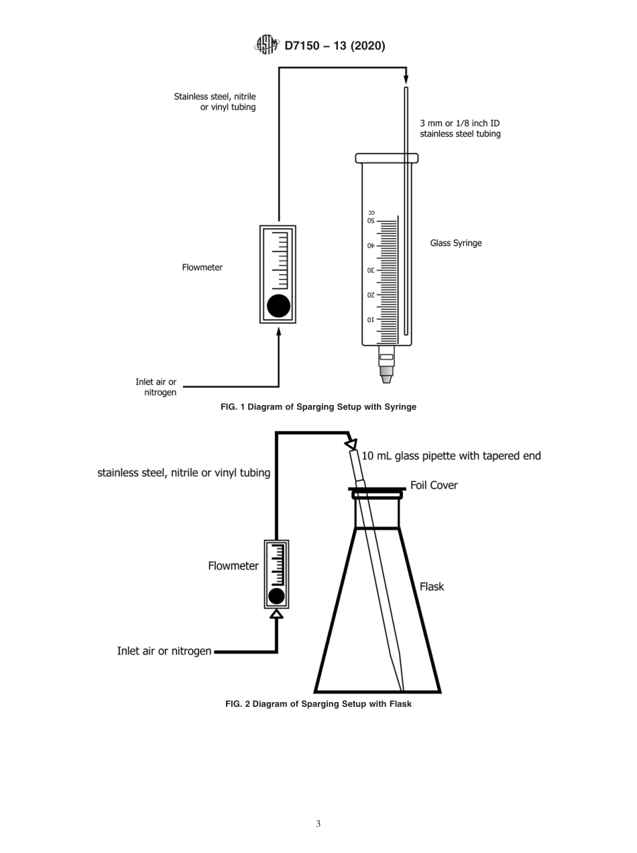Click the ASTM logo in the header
click(x=266, y=45)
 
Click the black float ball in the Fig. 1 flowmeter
click(x=278, y=306)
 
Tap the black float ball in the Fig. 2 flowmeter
click(x=276, y=595)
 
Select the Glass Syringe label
click(x=456, y=243)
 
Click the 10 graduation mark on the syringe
click(x=371, y=320)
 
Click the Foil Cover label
click(x=434, y=486)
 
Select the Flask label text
click(x=432, y=587)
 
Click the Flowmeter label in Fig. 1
click(x=202, y=268)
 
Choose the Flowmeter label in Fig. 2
click(x=233, y=566)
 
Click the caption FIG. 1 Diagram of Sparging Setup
click(x=318, y=407)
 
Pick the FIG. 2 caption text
click(x=318, y=704)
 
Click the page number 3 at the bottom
click(x=318, y=823)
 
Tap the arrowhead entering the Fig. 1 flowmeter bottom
click(x=278, y=332)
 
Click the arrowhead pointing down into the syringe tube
click(x=406, y=80)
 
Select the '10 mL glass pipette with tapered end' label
click(x=451, y=456)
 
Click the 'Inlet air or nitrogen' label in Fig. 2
click(x=164, y=650)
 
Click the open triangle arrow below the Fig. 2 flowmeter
click(x=276, y=613)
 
